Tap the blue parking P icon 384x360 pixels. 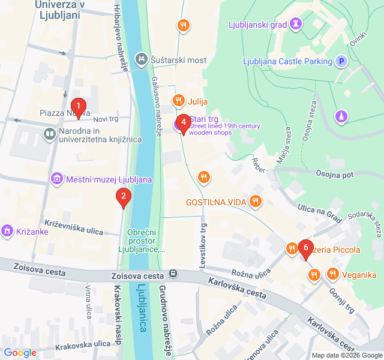tap(341, 61)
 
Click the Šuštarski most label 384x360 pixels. tap(179, 60)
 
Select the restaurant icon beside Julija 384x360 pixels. tap(178, 101)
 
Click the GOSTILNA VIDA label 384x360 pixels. tap(216, 202)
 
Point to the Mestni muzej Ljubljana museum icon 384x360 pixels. tap(57, 179)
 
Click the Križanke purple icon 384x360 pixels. tap(7, 230)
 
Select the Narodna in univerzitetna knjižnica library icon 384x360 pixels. tap(50, 133)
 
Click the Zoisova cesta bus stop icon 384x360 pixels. tap(173, 274)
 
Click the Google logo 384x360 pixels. tap(20, 353)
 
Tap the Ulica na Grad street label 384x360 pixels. tap(319, 214)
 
